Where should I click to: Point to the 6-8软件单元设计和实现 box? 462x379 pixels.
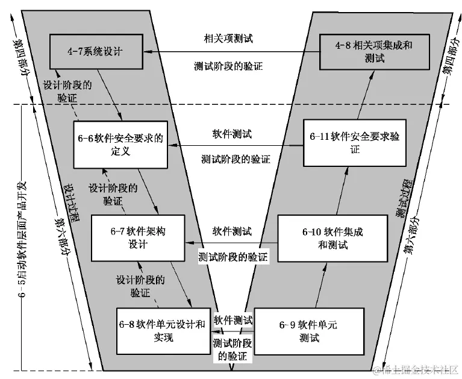163,330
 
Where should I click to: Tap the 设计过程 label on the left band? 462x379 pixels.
72,193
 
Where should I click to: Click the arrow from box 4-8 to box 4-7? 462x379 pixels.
235,52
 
